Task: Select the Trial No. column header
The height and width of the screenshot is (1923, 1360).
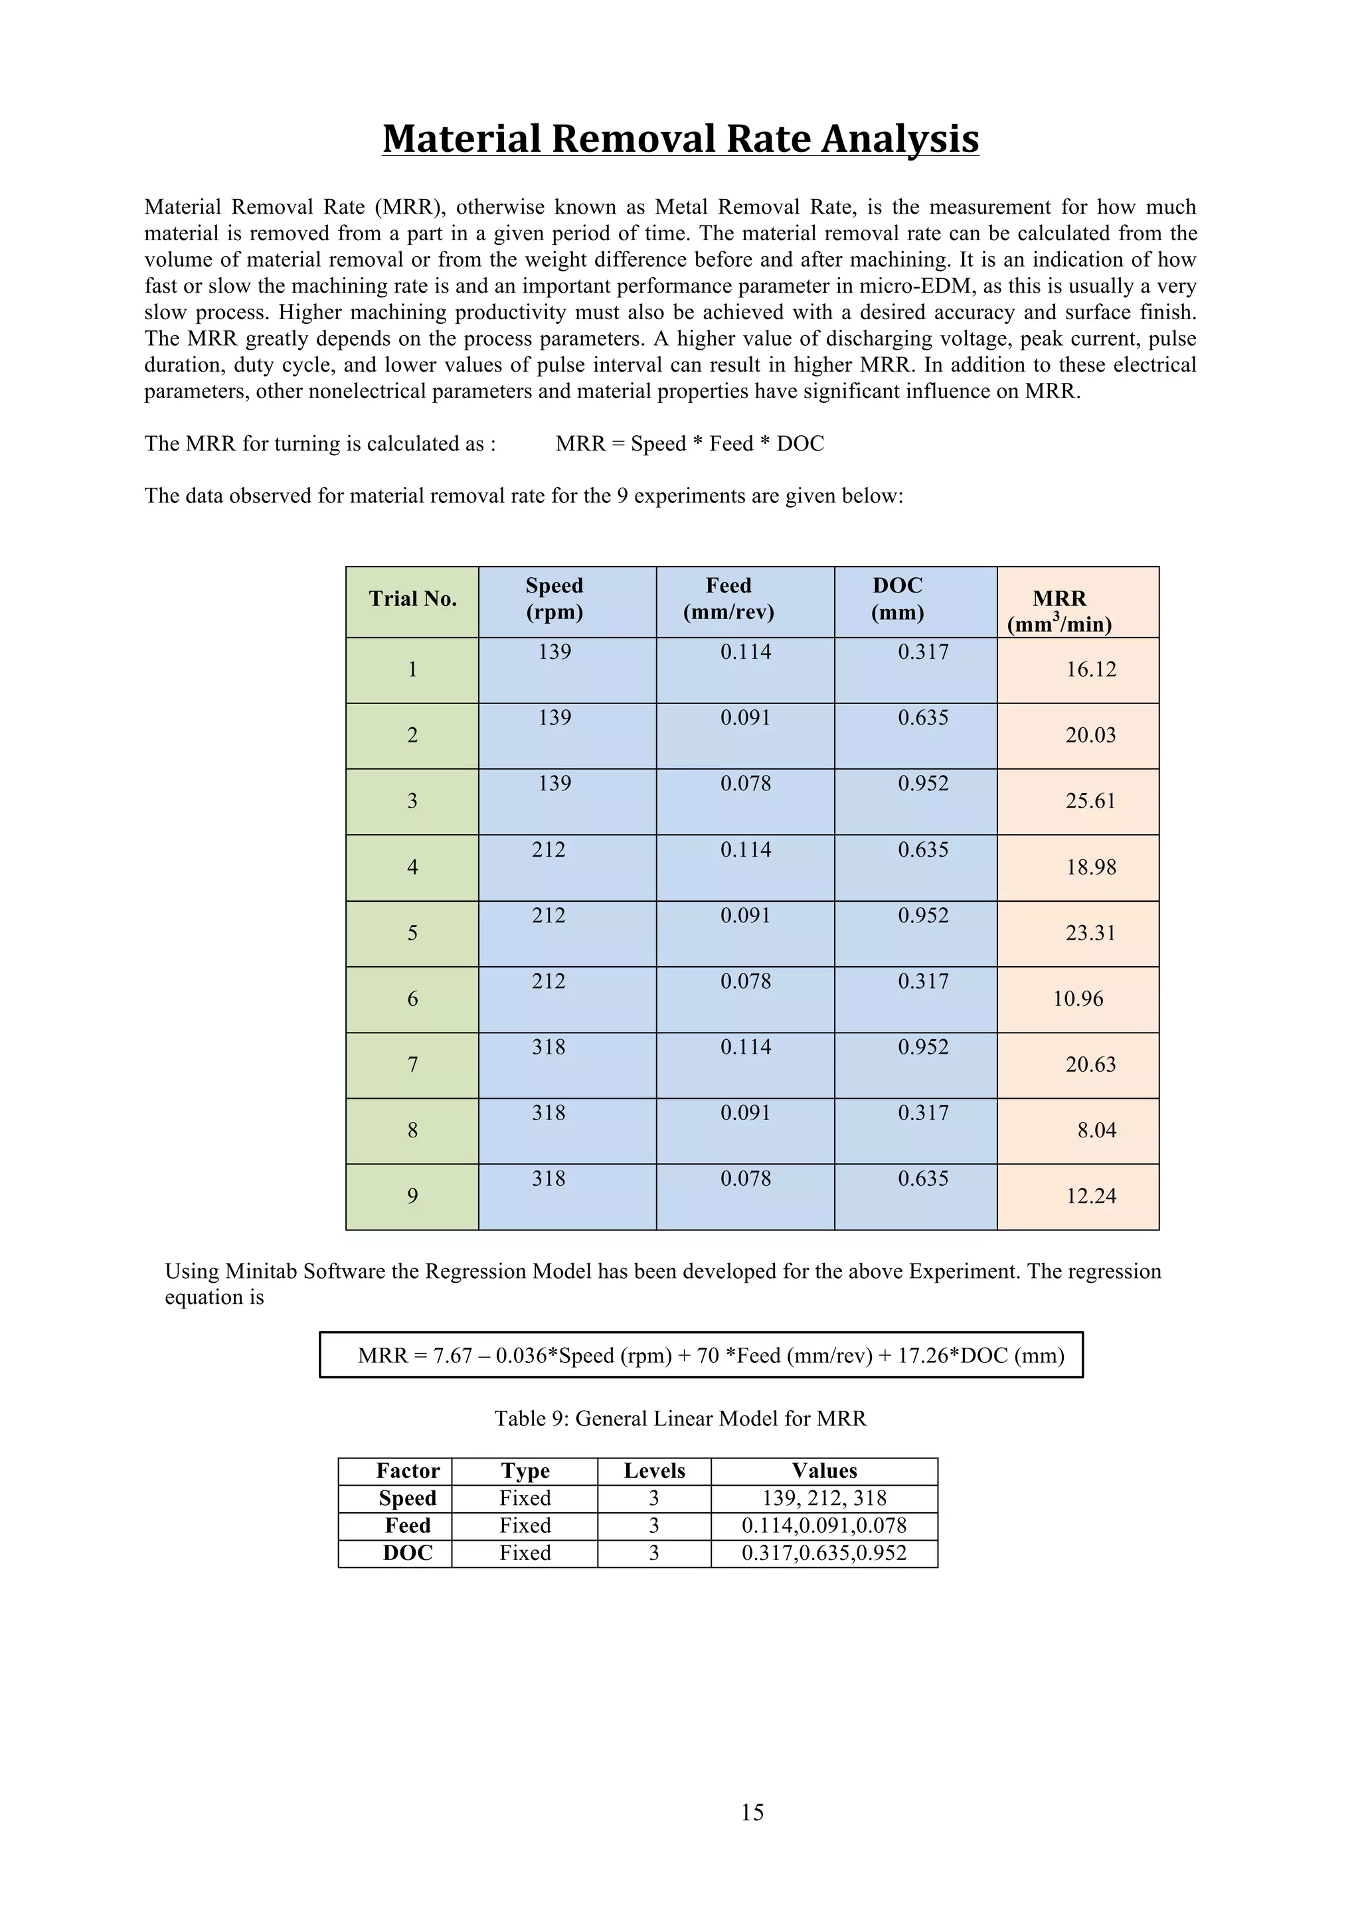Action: coord(412,599)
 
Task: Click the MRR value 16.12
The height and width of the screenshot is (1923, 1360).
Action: coord(1090,669)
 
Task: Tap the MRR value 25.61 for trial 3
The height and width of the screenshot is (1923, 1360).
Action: coord(1090,802)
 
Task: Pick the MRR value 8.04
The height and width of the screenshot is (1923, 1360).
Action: coord(1096,1131)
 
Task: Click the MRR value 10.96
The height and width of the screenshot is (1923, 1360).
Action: coord(1078,999)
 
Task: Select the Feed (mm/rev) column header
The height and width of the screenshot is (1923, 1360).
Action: coord(728,599)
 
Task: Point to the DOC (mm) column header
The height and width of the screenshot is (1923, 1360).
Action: coord(897,599)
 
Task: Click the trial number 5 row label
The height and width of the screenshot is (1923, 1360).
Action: coord(412,934)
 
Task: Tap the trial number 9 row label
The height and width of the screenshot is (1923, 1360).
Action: coord(412,1197)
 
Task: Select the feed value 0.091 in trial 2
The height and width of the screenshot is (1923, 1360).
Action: coord(745,719)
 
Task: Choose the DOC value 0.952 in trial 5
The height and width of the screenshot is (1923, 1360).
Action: coord(922,916)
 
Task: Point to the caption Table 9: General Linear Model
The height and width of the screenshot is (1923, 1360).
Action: coord(679,1419)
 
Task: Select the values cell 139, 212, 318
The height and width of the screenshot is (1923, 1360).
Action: coord(823,1498)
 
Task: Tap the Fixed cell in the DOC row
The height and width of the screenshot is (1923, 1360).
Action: coord(525,1553)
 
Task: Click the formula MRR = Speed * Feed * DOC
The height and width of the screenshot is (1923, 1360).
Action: coord(689,444)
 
